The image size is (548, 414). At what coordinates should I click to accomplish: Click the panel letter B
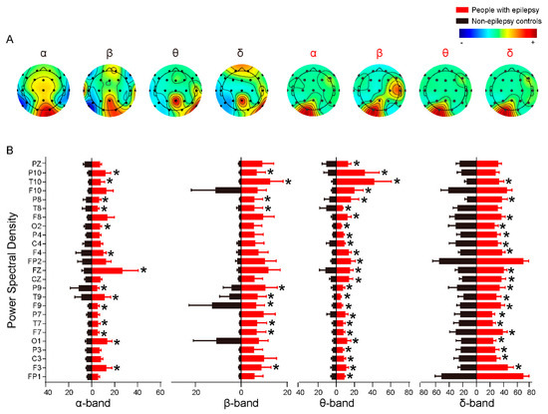tap(9, 151)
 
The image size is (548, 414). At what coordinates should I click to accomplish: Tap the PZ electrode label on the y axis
tap(35, 164)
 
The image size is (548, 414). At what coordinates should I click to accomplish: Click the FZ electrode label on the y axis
tap(35, 270)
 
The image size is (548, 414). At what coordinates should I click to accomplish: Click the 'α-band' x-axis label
tap(92, 405)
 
